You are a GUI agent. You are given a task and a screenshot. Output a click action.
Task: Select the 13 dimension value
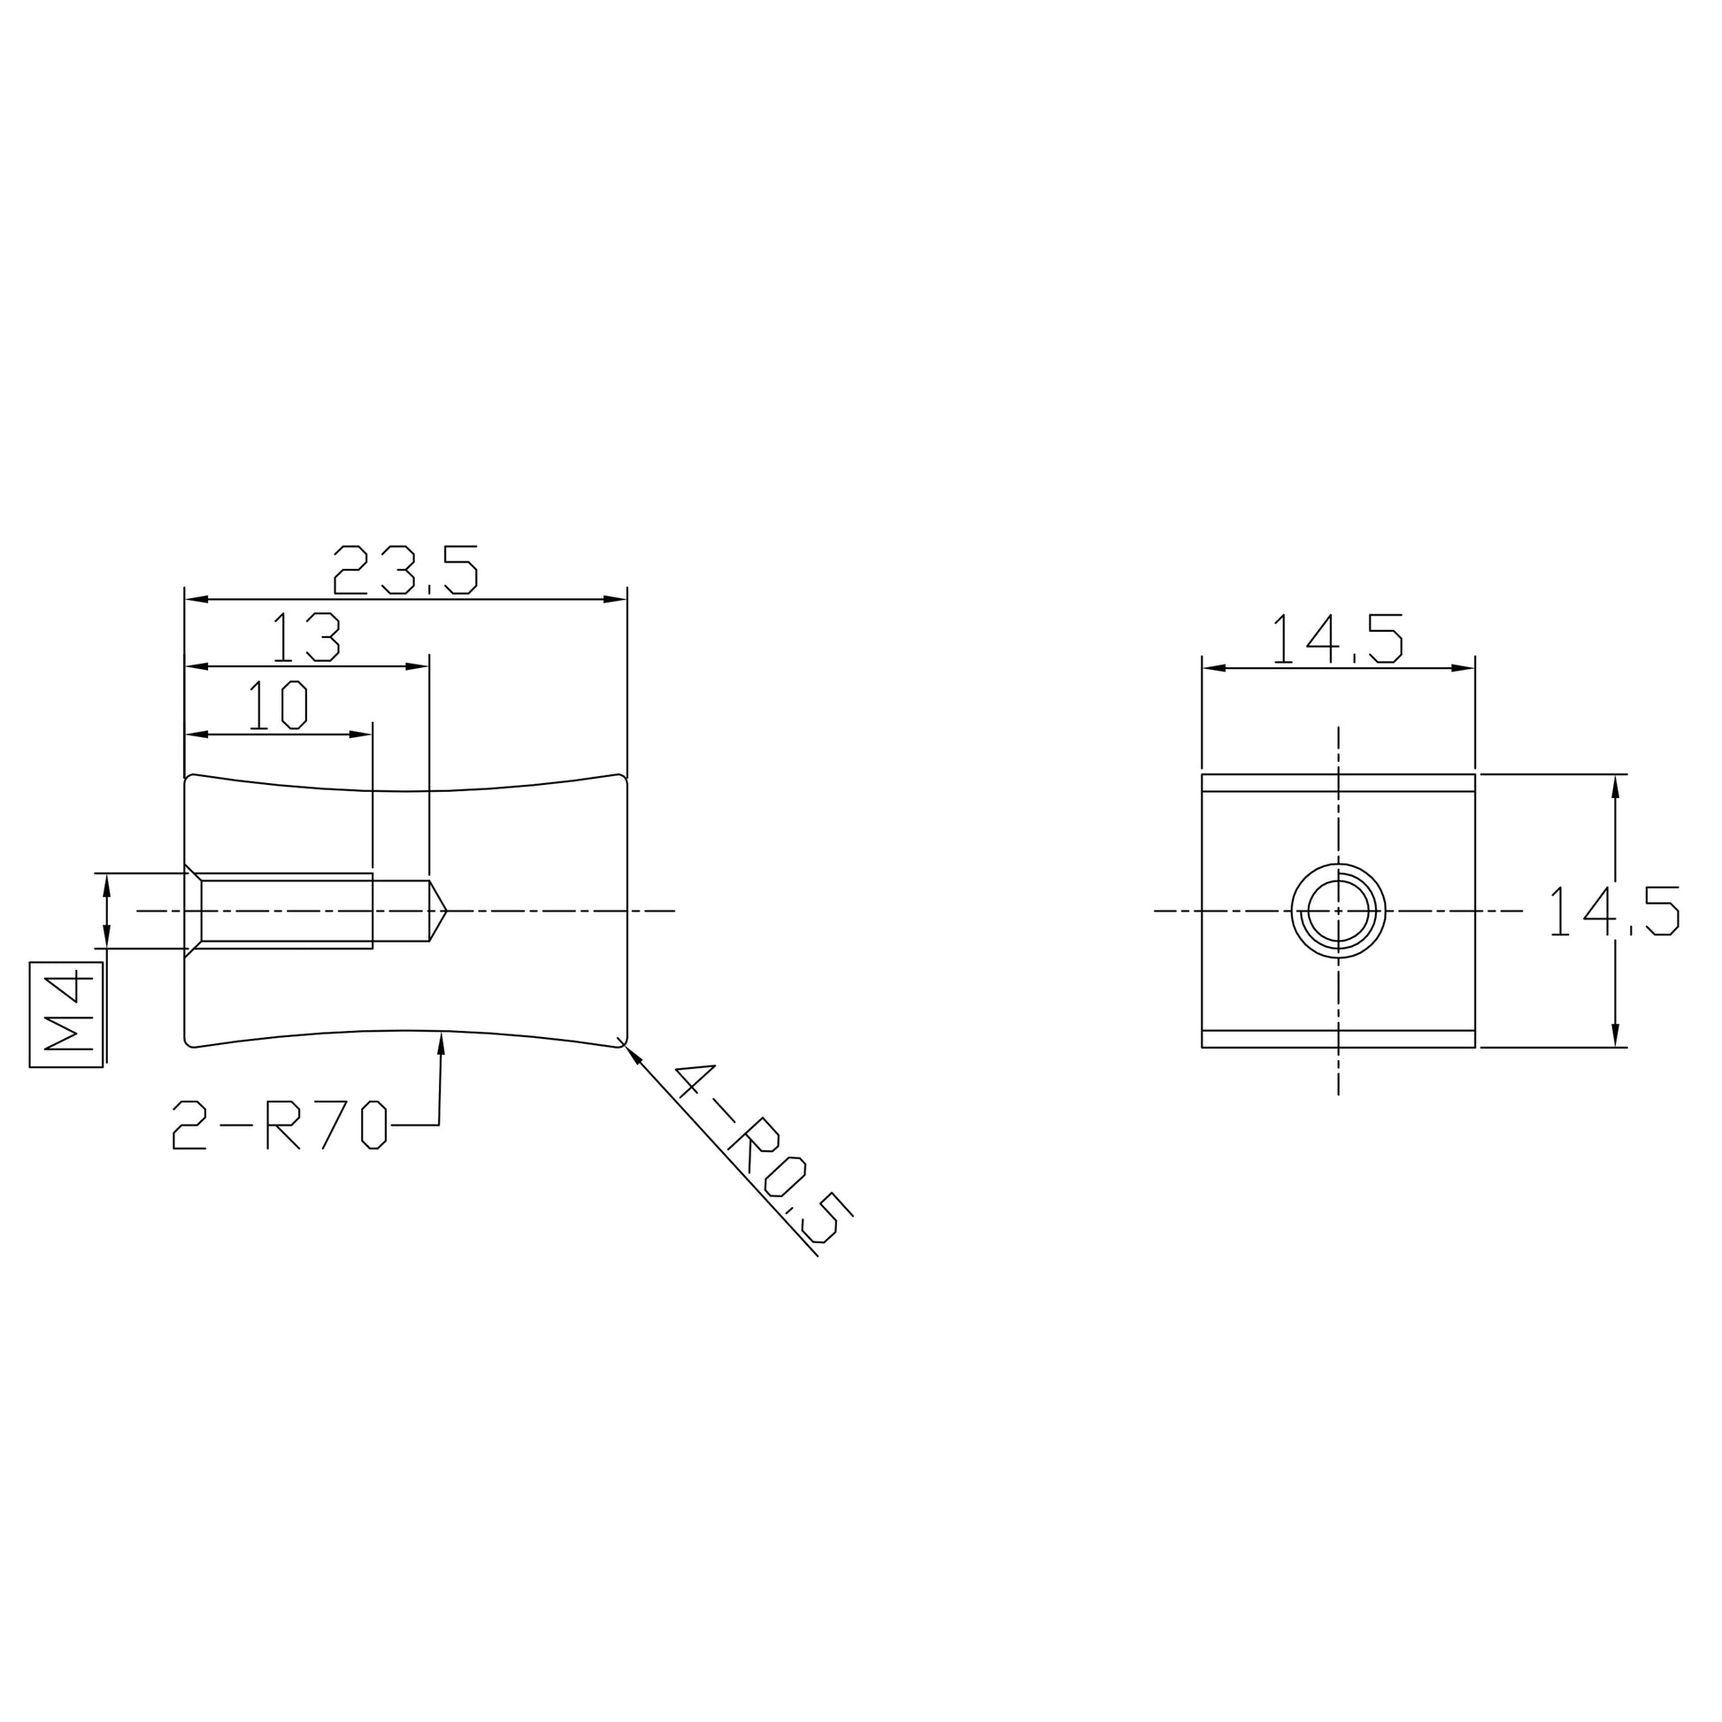pyautogui.click(x=306, y=637)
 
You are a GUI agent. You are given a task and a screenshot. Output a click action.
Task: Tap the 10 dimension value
pyautogui.click(x=278, y=705)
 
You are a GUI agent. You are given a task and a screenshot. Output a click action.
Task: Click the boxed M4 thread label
pyautogui.click(x=67, y=1014)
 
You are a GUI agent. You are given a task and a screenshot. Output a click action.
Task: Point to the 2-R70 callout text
pyautogui.click(x=279, y=1125)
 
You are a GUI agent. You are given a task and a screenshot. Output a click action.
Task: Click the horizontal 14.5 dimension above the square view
pyautogui.click(x=1338, y=638)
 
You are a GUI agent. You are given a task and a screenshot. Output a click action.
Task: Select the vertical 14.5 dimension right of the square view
pyautogui.click(x=1614, y=910)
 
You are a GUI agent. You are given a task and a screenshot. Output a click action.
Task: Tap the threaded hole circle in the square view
pyautogui.click(x=1338, y=864)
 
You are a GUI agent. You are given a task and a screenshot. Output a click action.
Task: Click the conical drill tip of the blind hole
pyautogui.click(x=438, y=910)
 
